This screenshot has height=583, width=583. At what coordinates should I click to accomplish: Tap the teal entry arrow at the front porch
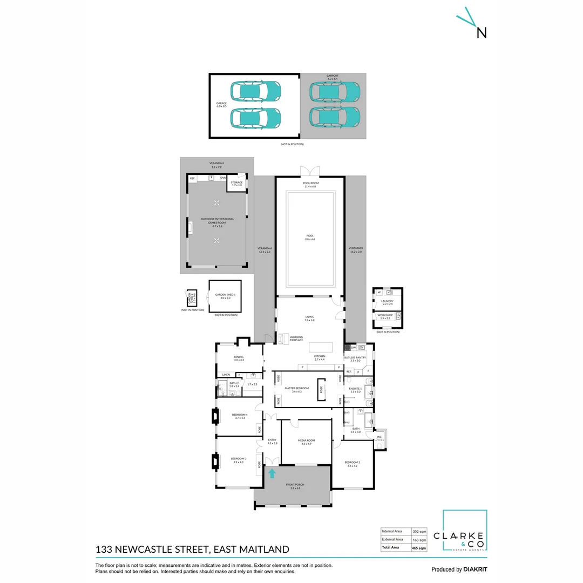[x=272, y=473]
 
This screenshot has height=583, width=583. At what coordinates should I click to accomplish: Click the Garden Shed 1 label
[x=225, y=296]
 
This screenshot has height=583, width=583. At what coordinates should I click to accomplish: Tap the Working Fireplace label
[x=296, y=338]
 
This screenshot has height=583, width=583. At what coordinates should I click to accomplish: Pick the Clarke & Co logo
[x=465, y=531]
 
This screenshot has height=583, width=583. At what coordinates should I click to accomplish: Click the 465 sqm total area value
[x=418, y=548]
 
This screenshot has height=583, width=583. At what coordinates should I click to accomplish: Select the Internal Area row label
[x=392, y=531]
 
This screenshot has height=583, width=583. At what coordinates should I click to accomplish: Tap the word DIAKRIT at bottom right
[x=475, y=569]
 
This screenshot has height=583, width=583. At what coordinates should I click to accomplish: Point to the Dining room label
[x=239, y=358]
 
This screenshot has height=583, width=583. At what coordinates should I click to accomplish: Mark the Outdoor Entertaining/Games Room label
[x=217, y=221]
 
